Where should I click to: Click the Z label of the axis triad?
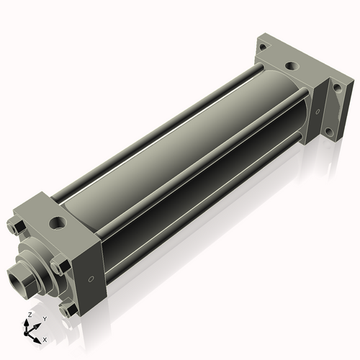(28, 315)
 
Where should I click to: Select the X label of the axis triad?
(45, 338)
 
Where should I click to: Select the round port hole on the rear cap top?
(290, 66)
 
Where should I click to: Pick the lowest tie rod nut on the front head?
(68, 310)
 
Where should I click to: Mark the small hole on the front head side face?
(91, 279)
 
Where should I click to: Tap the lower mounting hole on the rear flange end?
(329, 132)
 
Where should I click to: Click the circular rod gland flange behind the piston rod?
(40, 264)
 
